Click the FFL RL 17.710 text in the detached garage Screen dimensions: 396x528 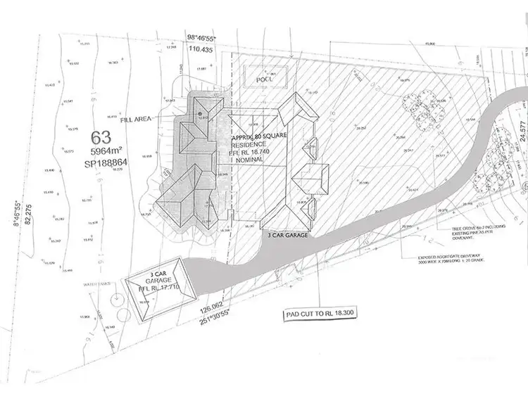tap(154, 288)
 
